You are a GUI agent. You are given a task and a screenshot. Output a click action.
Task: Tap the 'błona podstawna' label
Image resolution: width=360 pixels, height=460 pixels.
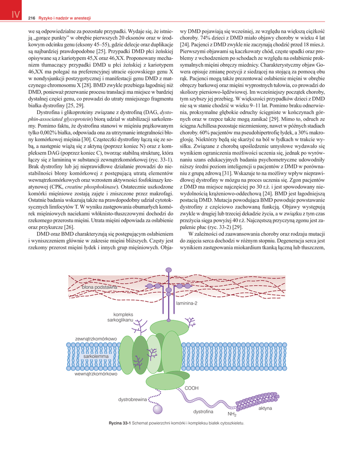(x=100, y=287)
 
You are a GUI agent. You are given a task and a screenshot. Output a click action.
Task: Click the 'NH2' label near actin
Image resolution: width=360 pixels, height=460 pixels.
(x=232, y=414)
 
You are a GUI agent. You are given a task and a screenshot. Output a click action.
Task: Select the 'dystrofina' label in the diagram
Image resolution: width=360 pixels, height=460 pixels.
(x=203, y=411)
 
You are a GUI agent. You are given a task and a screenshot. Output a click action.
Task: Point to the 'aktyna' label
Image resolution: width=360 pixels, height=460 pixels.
(x=265, y=408)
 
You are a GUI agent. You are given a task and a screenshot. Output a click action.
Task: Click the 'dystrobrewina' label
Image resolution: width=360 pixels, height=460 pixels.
(x=132, y=399)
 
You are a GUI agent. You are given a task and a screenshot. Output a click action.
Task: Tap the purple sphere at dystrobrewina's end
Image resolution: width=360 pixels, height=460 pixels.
(x=157, y=409)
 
